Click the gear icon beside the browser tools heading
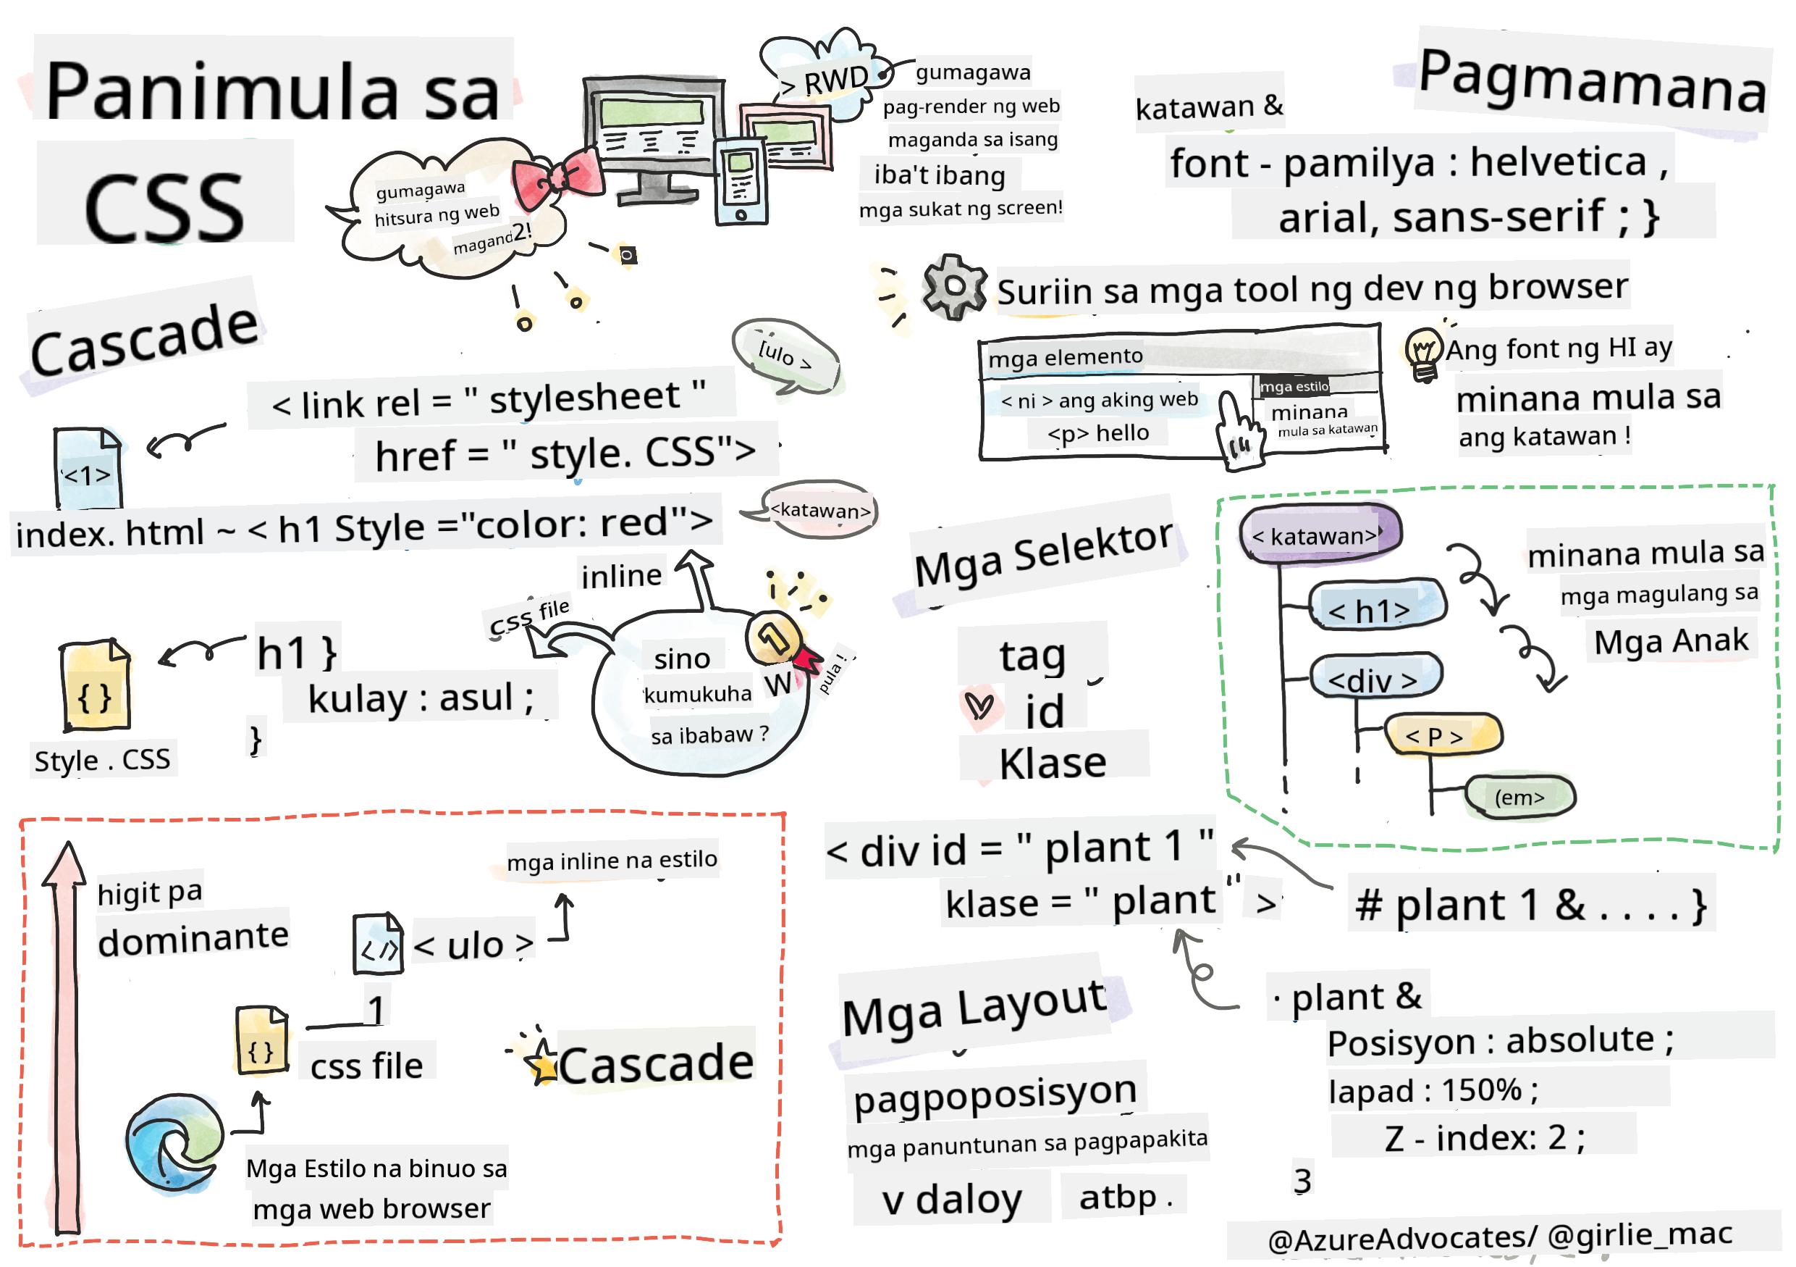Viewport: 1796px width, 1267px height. coord(953,286)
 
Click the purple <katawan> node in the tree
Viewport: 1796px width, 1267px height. coord(1319,535)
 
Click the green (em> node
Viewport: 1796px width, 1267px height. coord(1519,797)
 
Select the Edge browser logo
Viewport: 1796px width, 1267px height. coord(174,1143)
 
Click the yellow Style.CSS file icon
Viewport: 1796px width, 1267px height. coord(96,685)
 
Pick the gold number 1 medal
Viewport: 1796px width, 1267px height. coord(775,637)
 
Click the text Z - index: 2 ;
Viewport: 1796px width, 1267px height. coord(1483,1137)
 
